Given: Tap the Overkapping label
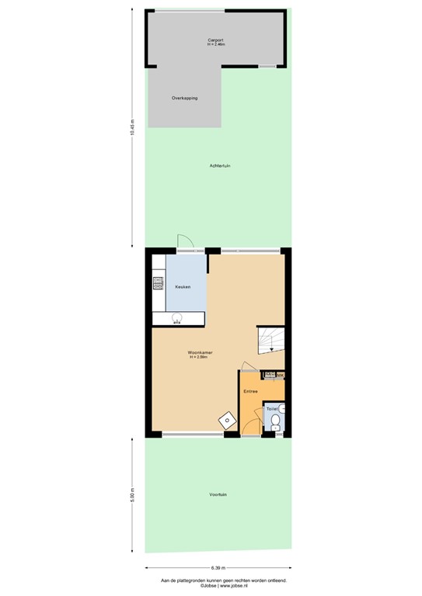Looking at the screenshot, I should [x=184, y=99].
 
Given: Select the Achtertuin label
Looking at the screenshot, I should [x=220, y=166].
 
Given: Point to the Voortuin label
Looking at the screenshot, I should [x=218, y=494].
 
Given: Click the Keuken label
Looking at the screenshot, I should [x=183, y=287].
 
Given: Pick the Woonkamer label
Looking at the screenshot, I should [x=201, y=352].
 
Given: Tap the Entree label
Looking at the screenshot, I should [x=250, y=391].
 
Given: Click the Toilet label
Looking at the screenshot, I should [x=272, y=407].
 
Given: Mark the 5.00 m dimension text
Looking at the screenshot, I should [x=133, y=494].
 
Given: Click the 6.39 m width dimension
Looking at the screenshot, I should [x=218, y=567].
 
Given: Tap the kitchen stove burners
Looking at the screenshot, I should [x=158, y=284].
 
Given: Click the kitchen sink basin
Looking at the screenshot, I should [x=176, y=317].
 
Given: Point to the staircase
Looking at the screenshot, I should [x=271, y=341].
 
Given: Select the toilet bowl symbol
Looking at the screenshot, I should [x=276, y=422].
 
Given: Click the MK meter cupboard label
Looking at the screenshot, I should [x=280, y=376].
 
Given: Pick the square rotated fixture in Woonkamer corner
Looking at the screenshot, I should [x=227, y=420].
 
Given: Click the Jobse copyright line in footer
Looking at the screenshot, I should [x=218, y=585].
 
